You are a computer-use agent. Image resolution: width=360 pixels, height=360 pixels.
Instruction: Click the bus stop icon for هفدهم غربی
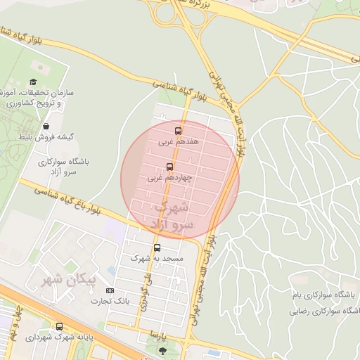coord(177,131)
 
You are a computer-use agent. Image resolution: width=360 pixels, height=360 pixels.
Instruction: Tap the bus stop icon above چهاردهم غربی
coord(169,167)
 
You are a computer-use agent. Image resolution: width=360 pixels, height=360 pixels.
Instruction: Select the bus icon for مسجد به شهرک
coord(156,247)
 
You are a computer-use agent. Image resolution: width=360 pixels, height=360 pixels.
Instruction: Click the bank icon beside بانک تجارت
coord(109,290)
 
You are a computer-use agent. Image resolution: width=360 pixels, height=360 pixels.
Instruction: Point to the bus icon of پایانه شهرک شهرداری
coord(59,326)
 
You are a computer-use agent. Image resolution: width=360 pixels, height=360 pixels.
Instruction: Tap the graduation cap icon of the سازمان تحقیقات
coord(33,82)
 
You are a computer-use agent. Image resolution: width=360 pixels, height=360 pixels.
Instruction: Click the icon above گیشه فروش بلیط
coord(46,126)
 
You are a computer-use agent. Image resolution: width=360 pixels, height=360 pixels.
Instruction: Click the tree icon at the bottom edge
coord(163,349)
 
